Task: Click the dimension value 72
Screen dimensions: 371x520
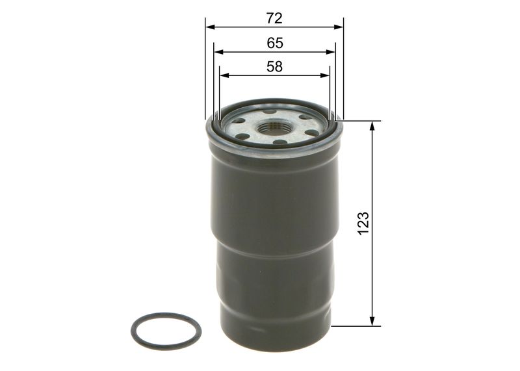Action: (x=274, y=18)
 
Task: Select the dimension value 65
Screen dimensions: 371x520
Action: (x=274, y=43)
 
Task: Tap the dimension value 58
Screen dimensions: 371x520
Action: (x=274, y=66)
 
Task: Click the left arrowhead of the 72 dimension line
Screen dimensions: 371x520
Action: (x=210, y=27)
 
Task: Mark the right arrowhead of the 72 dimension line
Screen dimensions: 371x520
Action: (x=339, y=27)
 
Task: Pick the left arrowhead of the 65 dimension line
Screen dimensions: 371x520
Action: (x=218, y=52)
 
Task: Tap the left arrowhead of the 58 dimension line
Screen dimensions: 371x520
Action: (x=224, y=75)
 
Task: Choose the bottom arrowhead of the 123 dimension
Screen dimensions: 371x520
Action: (x=372, y=321)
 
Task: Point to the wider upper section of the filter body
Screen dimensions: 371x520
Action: (x=273, y=195)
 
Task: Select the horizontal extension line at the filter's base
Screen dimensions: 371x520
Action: (x=354, y=326)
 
